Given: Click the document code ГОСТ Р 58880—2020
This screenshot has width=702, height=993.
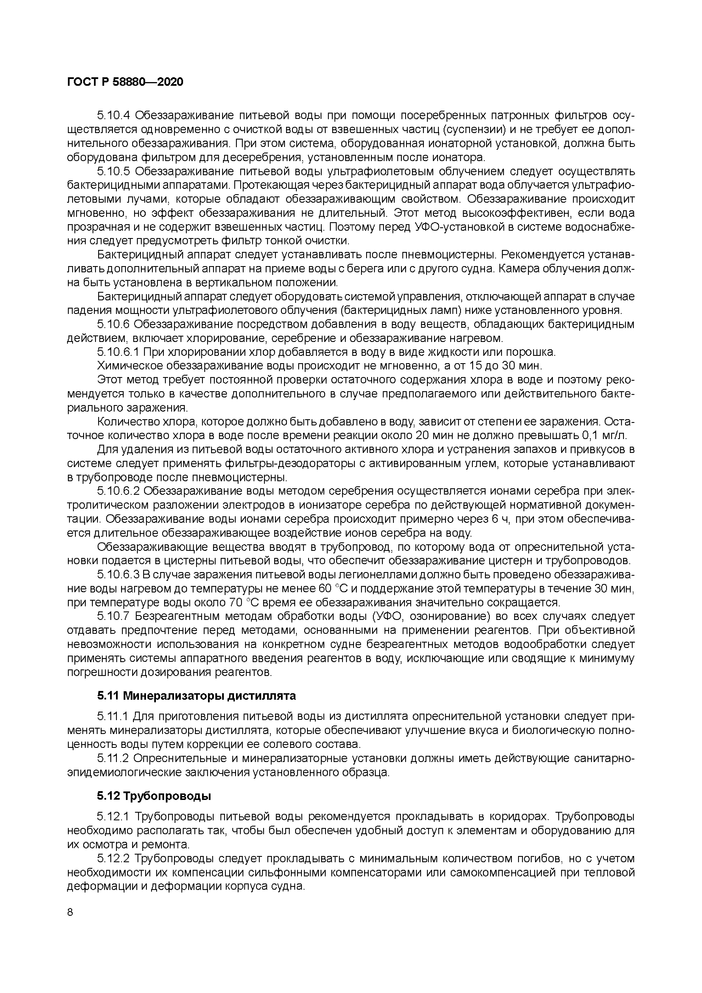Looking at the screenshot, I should click(x=125, y=82).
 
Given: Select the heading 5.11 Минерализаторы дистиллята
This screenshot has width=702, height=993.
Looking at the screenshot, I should click(x=196, y=696).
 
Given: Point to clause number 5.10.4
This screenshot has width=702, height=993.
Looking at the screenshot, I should click(x=113, y=115).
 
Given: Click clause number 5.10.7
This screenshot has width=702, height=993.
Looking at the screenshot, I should click(x=113, y=616).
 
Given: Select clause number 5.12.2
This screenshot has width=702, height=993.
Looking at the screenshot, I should click(x=113, y=859).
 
